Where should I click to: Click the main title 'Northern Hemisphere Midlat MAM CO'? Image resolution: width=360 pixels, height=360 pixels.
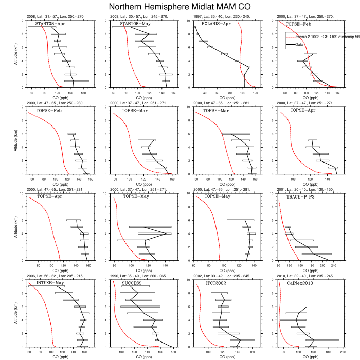click(x=180, y=7)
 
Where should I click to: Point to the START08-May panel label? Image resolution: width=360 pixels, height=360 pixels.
click(x=132, y=24)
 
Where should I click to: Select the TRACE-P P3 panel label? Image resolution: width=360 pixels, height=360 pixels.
click(x=303, y=196)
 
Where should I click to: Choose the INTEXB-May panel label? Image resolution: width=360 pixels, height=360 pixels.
click(x=50, y=283)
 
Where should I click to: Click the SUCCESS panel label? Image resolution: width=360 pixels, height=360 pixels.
click(x=132, y=283)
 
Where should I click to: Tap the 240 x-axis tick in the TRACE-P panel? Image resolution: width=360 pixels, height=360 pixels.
click(x=333, y=266)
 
